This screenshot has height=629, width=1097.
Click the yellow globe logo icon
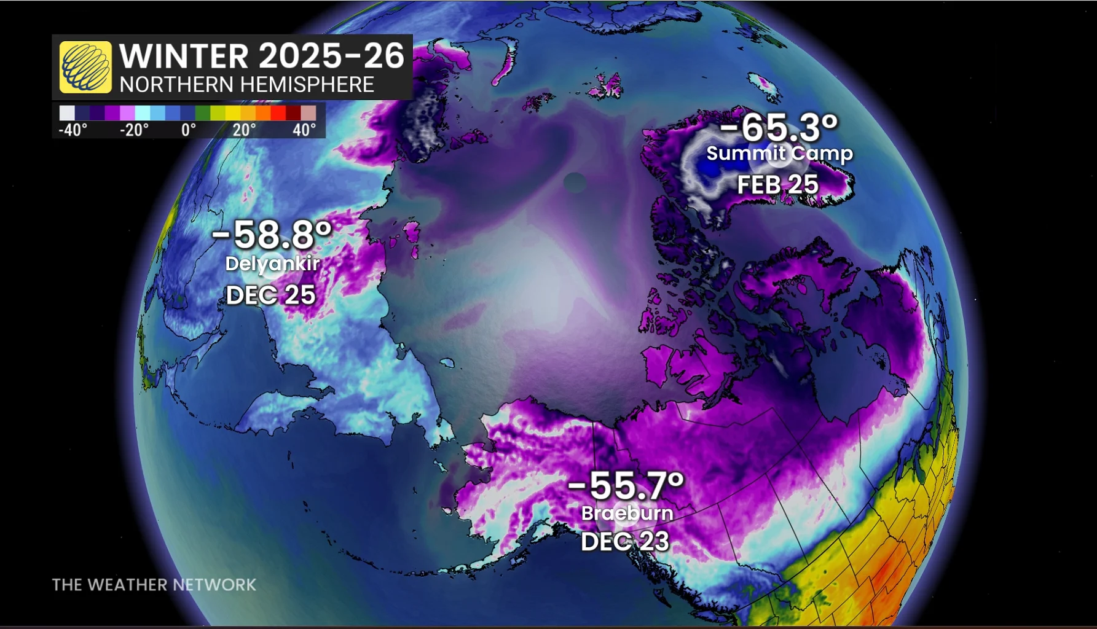[x=85, y=67]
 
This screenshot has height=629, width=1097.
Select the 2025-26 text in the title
[x=332, y=56]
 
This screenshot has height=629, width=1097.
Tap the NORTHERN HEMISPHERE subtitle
[x=246, y=84]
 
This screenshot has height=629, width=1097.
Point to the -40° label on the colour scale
[x=73, y=130]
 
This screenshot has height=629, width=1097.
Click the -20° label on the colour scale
[x=134, y=130]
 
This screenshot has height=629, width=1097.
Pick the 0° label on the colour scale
[x=189, y=130]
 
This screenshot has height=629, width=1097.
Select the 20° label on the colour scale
[x=244, y=130]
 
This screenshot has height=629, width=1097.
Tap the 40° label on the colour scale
[x=304, y=130]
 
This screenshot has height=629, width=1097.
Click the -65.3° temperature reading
[x=779, y=127]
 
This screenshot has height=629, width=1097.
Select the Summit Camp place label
[x=779, y=153]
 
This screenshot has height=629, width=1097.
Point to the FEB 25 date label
[x=777, y=184]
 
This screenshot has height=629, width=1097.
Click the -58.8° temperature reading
[x=272, y=234]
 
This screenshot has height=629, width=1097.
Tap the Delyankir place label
[x=272, y=264]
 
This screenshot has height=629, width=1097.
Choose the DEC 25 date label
[x=270, y=295]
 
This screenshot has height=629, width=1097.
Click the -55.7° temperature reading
[x=626, y=485]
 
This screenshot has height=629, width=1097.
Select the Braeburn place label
[x=627, y=513]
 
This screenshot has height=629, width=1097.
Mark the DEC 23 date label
[x=625, y=541]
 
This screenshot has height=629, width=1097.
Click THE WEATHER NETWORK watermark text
[x=154, y=584]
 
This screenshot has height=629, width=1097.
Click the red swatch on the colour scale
[x=278, y=113]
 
